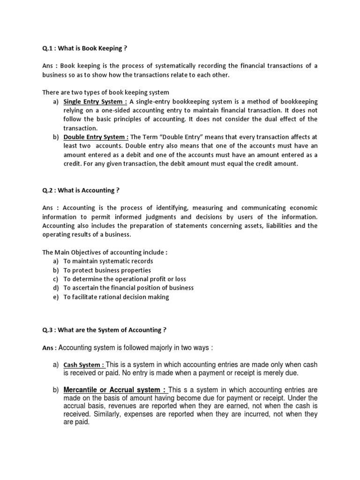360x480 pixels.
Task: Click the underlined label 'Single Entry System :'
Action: click(95, 102)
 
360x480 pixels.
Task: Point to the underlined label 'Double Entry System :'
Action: click(96, 137)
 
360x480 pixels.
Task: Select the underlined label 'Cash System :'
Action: click(84, 365)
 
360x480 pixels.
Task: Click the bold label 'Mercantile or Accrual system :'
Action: click(115, 390)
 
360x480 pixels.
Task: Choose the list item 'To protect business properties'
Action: click(107, 270)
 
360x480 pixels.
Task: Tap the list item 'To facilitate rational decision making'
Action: click(116, 297)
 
